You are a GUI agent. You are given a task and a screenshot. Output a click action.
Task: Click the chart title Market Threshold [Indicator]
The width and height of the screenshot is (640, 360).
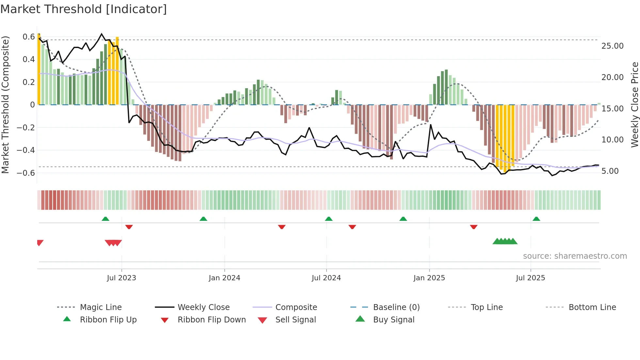(84, 9)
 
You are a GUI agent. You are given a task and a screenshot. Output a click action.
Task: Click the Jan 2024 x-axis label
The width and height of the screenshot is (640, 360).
(224, 278)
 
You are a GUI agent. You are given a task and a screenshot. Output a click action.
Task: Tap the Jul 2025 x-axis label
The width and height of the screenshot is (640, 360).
(530, 278)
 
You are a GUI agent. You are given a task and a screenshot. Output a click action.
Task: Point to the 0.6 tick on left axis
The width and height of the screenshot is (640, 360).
(29, 37)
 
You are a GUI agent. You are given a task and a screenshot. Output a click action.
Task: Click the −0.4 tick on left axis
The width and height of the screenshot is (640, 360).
(26, 150)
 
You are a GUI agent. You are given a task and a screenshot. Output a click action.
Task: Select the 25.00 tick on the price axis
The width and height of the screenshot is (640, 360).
(612, 46)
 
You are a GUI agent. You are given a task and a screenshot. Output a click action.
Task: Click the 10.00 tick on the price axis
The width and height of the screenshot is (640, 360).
(612, 140)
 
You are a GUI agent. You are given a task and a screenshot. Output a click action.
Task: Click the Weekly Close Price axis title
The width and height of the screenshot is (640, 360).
(634, 105)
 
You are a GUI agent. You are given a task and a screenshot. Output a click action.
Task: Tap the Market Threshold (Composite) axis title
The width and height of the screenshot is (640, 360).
(5, 105)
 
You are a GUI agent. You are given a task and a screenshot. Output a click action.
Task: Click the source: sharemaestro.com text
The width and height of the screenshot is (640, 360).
(575, 256)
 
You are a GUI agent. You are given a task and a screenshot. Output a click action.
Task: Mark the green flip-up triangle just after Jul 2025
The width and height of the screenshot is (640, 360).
(536, 219)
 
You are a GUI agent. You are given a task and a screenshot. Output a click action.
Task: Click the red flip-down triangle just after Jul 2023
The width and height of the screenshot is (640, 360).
(129, 227)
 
